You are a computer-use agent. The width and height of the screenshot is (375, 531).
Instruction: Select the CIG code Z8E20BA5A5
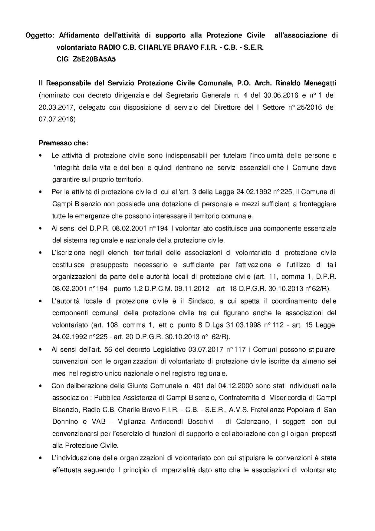pyautogui.click(x=94, y=59)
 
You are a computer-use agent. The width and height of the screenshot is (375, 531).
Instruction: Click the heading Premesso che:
pyautogui.click(x=64, y=143)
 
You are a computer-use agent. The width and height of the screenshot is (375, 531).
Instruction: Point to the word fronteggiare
pyautogui.click(x=317, y=204)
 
